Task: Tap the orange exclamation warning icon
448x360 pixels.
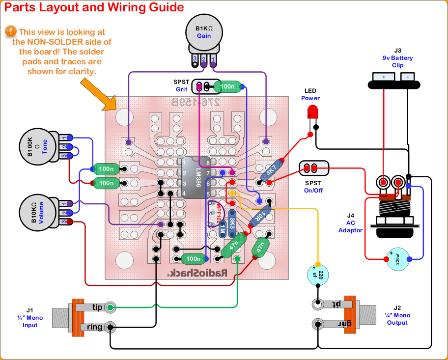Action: pyautogui.click(x=10, y=31)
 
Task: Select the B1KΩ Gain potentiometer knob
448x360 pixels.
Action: pyautogui.click(x=204, y=32)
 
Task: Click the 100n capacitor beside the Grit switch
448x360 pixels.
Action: pyautogui.click(x=228, y=87)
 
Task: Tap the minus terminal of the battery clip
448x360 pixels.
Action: pyautogui.click(x=408, y=77)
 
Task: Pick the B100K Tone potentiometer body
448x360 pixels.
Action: pyautogui.click(x=38, y=146)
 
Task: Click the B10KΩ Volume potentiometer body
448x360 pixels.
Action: pyautogui.click(x=38, y=213)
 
